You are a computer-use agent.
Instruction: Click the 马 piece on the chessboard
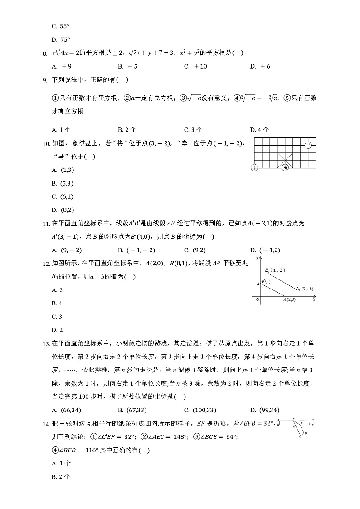point(308,145)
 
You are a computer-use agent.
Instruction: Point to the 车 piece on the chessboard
point(254,167)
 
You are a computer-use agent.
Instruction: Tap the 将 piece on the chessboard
point(285,167)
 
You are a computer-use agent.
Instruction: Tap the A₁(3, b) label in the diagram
point(305,289)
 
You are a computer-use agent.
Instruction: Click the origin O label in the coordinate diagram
point(257,299)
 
